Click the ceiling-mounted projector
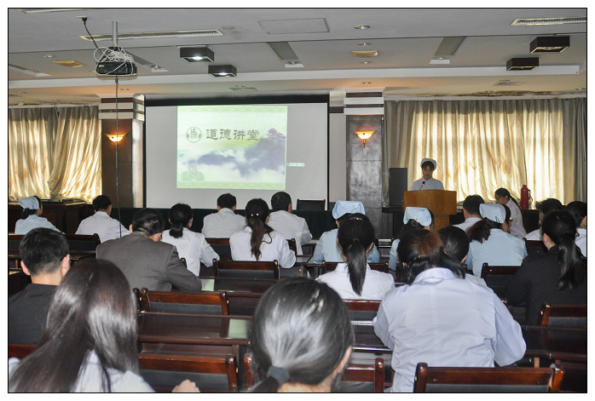[116, 67]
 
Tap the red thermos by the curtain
[524, 197]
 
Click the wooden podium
[430, 208]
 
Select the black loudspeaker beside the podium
[398, 186]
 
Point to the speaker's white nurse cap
[429, 163]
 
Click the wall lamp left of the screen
[116, 138]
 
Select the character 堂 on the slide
[252, 135]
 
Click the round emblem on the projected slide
[194, 135]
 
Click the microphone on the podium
[422, 186]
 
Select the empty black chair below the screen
[310, 204]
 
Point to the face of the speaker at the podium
[428, 169]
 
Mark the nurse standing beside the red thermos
[511, 212]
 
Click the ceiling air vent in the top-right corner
[549, 21]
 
